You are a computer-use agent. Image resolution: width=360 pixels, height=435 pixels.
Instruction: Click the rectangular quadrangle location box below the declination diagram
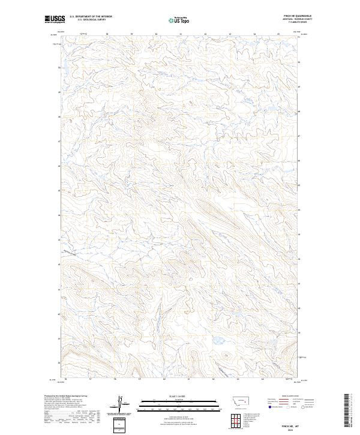click(x=118, y=425)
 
